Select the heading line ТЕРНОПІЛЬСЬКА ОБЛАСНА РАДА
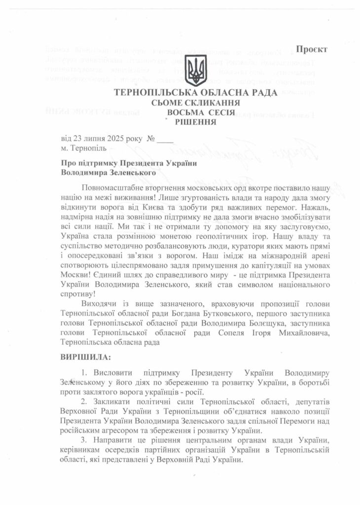click(x=195, y=93)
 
